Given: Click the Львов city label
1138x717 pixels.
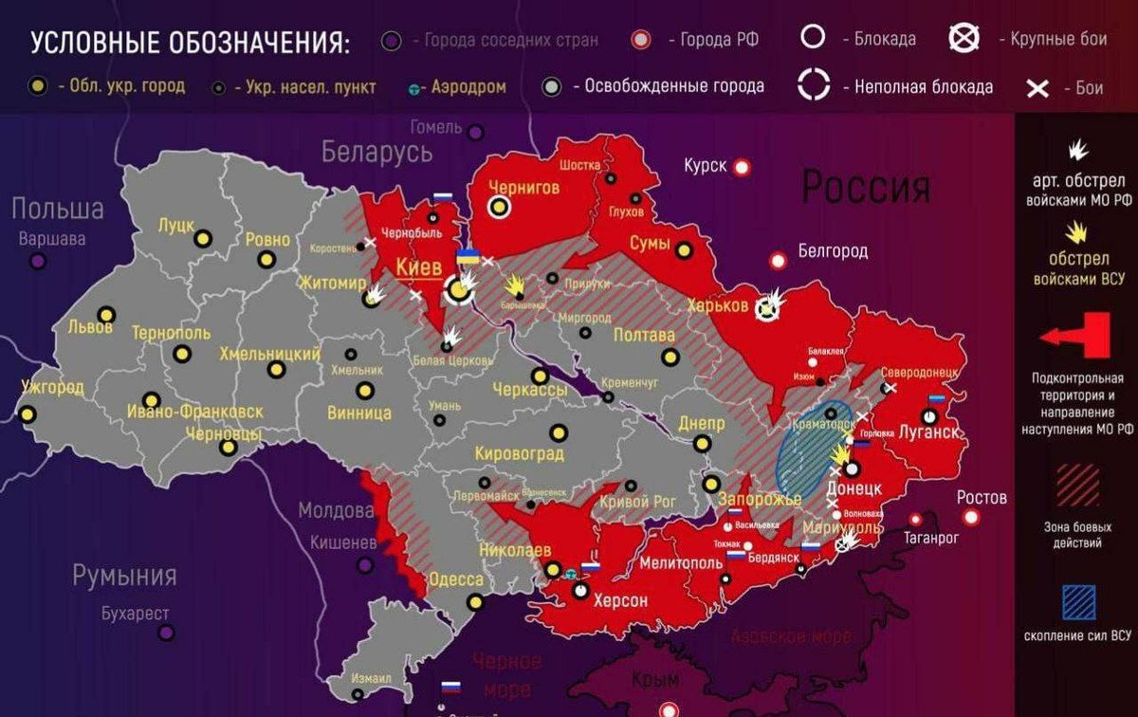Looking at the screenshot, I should point(90,328).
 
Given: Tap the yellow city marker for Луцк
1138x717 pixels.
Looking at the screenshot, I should point(202,238).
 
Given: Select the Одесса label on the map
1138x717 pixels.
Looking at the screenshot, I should point(456,579).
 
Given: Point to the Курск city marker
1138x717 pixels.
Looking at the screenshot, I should point(742,167).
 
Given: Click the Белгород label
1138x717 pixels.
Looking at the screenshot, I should point(833,251).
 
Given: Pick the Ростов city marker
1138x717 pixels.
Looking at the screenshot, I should point(970,517).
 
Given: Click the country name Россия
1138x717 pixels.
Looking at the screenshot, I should point(865,188).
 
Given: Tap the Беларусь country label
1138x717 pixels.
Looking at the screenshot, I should point(376,152).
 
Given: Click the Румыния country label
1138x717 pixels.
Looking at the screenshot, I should point(125,575).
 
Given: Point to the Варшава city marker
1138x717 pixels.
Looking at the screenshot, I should point(37,260).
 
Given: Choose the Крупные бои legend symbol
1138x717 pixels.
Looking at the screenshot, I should point(964,39).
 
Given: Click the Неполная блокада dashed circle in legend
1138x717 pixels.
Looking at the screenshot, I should point(813,84).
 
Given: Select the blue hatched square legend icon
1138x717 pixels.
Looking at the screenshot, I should point(1076,602).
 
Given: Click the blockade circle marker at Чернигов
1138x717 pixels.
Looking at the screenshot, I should point(499,207).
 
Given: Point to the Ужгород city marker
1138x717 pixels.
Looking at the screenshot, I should point(28,414).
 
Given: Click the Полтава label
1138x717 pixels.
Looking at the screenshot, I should point(644,336).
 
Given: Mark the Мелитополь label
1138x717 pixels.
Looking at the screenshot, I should point(669,562).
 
